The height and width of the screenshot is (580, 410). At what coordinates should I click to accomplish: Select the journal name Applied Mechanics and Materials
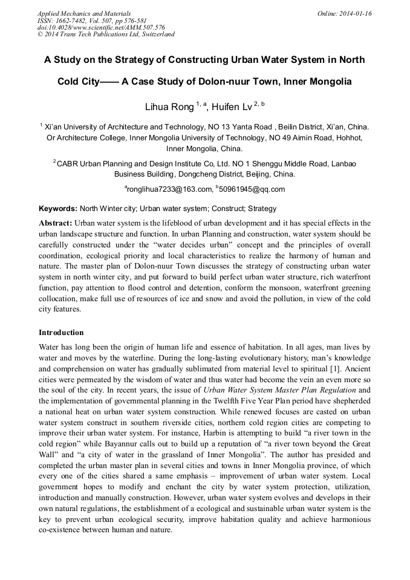84,13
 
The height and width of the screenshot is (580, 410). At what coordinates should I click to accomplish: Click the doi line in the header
101,27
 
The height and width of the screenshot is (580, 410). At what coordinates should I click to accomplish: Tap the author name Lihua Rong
169,108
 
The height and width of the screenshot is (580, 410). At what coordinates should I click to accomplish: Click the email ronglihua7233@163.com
170,189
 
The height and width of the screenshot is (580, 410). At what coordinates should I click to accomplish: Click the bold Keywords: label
58,209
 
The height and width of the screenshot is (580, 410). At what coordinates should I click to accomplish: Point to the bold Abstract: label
56,223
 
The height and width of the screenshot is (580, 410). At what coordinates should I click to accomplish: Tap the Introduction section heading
61,333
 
